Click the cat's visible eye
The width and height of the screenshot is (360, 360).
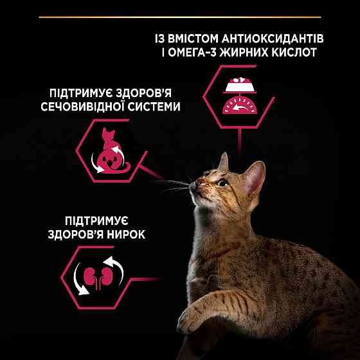tap(222, 183)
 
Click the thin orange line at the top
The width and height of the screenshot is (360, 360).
tap(179, 16)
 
